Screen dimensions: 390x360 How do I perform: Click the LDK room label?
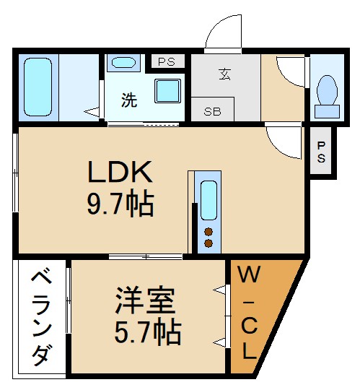[x=120, y=173]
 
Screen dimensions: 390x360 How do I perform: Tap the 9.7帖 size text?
[x=120, y=205]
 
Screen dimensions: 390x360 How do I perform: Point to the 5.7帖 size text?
[x=147, y=331]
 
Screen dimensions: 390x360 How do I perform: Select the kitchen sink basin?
[x=208, y=200]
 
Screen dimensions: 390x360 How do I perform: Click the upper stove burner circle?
[x=208, y=232]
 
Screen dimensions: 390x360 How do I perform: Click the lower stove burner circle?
[x=208, y=243]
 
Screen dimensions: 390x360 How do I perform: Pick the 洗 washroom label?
[x=128, y=101]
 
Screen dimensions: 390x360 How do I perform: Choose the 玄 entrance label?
[x=224, y=73]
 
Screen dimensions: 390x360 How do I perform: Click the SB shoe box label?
[x=212, y=112]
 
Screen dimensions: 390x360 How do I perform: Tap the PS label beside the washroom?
[x=167, y=61]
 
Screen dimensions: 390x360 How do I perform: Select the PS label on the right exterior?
[x=321, y=152]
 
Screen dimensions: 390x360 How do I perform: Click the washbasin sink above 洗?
[x=123, y=63]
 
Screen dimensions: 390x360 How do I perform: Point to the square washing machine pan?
[x=169, y=90]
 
